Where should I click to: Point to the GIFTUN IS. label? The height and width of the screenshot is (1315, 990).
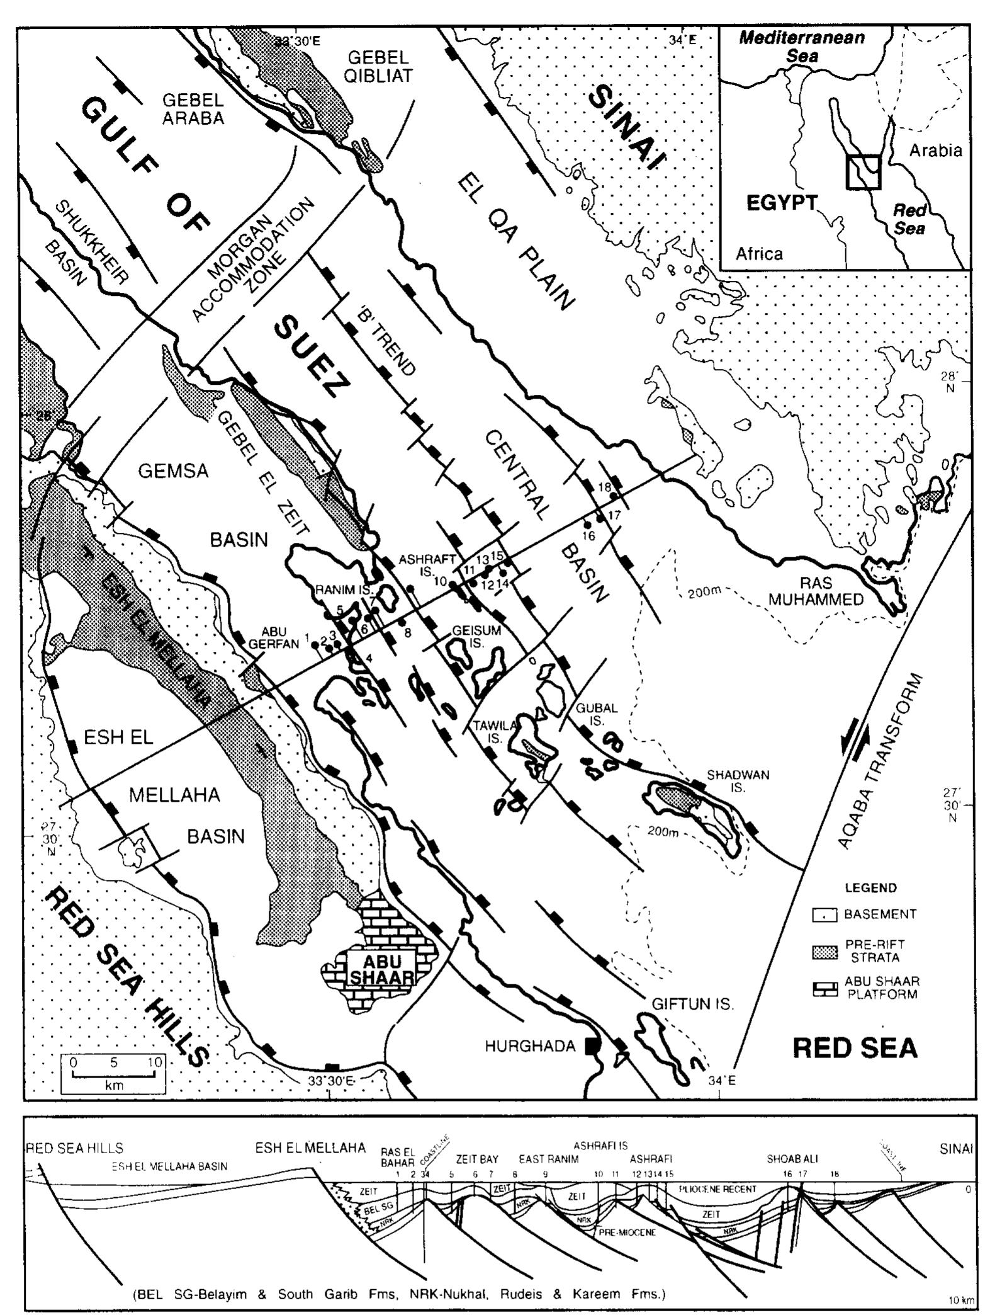tap(692, 1004)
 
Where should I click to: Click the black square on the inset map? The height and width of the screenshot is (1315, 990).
tap(863, 171)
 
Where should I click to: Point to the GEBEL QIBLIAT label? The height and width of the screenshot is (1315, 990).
tap(380, 67)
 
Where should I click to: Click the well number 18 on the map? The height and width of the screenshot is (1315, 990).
tap(605, 487)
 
